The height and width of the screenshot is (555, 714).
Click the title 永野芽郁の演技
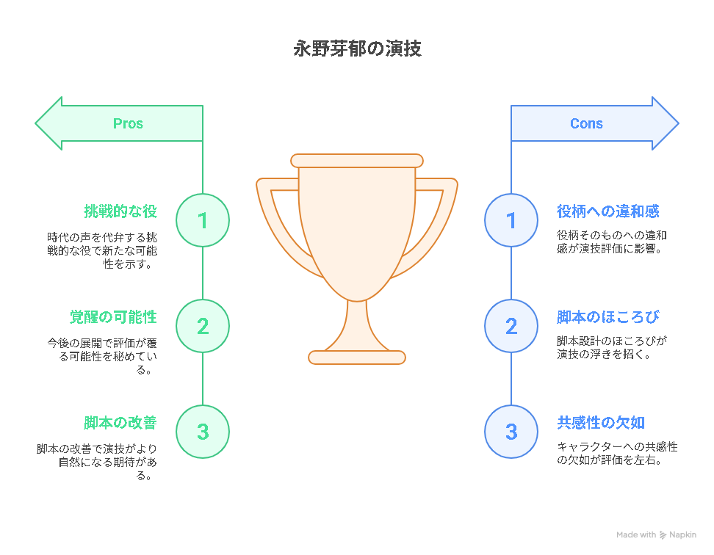(x=358, y=48)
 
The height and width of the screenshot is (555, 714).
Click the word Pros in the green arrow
(x=128, y=123)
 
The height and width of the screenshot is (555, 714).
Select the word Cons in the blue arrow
(x=586, y=123)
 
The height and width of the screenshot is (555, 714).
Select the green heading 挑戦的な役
(x=120, y=211)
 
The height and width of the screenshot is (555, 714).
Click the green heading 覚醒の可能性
(x=113, y=316)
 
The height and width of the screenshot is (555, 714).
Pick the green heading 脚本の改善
(x=120, y=423)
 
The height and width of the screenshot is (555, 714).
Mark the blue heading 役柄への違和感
(x=608, y=211)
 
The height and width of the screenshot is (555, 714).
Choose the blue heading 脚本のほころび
(x=608, y=316)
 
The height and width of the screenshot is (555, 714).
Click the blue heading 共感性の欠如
(x=601, y=423)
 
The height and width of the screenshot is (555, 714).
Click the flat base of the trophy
(x=357, y=358)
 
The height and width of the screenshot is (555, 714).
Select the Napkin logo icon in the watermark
(x=663, y=535)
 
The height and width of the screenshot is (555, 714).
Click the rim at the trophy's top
(x=357, y=161)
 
